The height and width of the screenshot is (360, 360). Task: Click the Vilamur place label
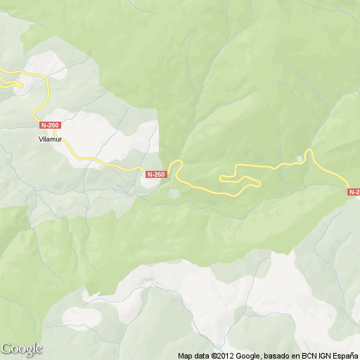(51, 139)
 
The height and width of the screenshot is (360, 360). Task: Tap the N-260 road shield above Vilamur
(51, 125)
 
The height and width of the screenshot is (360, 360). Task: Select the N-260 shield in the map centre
(155, 174)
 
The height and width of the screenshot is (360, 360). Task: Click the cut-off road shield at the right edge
(354, 191)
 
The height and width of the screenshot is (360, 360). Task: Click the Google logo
(21, 349)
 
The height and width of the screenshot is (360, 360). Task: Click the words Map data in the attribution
(193, 355)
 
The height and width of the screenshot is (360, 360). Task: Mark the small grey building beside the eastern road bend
(301, 158)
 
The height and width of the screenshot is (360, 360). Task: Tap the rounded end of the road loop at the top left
(20, 86)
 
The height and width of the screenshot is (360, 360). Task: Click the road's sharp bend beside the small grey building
(308, 151)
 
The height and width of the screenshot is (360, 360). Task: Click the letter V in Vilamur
(40, 139)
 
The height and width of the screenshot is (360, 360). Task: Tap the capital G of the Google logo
(6, 349)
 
